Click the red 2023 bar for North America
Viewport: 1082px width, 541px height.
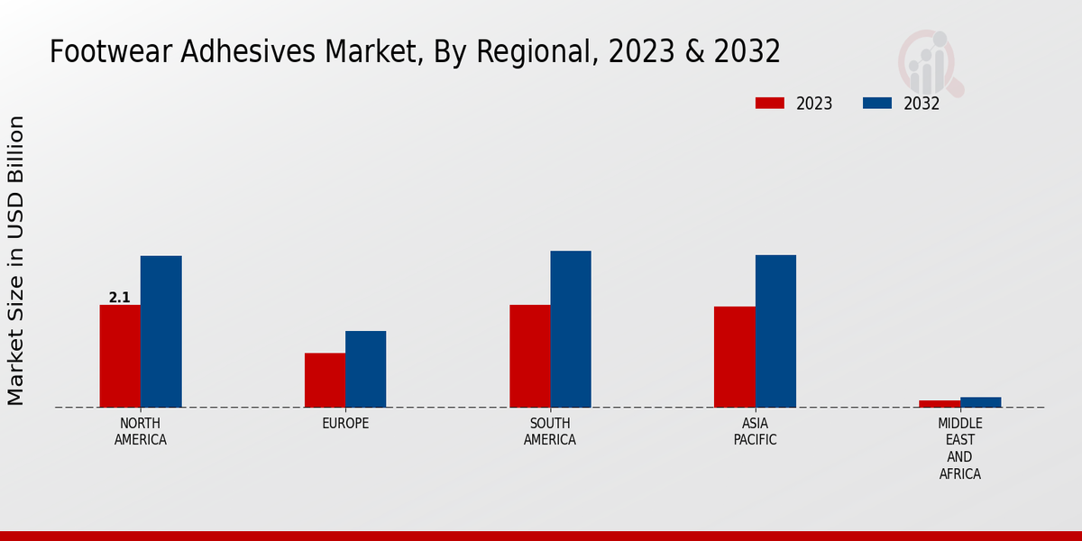tap(120, 356)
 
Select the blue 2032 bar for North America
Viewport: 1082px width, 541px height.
tap(160, 332)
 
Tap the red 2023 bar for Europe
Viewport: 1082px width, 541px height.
tap(325, 380)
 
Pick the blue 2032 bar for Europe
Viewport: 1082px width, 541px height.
tap(365, 369)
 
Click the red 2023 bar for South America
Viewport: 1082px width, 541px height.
tap(529, 356)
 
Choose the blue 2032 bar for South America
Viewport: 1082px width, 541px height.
tap(571, 329)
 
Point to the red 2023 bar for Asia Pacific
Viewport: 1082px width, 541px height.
tap(734, 357)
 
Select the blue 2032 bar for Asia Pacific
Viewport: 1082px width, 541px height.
tap(775, 331)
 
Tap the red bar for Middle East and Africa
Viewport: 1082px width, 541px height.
tap(940, 403)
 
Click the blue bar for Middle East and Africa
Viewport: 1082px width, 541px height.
tap(980, 402)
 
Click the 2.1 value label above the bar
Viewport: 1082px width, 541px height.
tap(119, 298)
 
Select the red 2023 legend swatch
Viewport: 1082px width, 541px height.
tap(769, 103)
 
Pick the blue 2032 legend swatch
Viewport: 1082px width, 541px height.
tap(876, 103)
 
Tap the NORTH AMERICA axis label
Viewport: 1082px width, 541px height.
tap(141, 432)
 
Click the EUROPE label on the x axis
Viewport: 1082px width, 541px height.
tap(345, 424)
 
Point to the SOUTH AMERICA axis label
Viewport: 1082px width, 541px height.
tap(550, 432)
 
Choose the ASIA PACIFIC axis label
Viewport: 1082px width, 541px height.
tap(755, 432)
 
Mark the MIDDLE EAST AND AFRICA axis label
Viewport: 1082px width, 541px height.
tap(960, 448)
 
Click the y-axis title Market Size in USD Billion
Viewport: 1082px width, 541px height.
tap(16, 261)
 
